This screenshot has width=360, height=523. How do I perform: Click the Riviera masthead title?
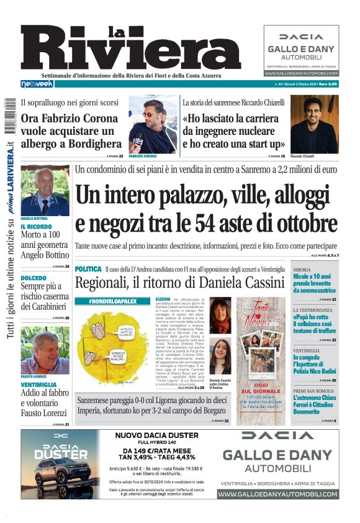click(x=130, y=50)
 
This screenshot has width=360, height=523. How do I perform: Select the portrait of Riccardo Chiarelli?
click(x=313, y=124)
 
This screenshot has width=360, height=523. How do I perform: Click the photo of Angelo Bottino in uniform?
click(x=45, y=191)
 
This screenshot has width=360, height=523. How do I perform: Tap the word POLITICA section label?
click(x=88, y=269)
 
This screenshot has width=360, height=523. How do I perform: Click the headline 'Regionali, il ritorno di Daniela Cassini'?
click(x=179, y=283)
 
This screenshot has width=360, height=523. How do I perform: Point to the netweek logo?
click(x=37, y=83)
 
